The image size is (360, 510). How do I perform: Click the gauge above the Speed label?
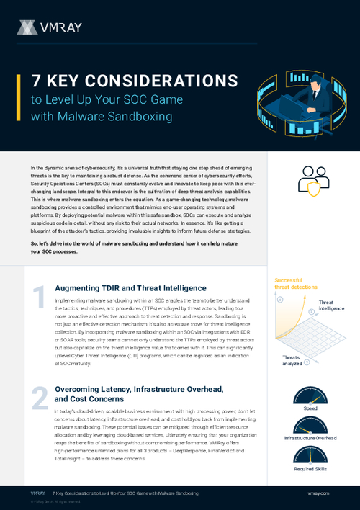[x=310, y=395]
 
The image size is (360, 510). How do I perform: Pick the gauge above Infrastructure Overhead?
[x=310, y=425]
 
